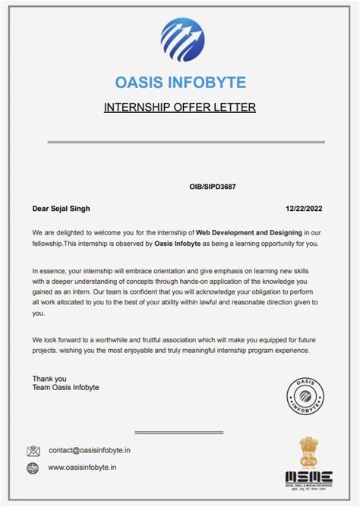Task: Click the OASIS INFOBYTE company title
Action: pyautogui.click(x=180, y=82)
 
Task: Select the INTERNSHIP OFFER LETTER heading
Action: pyautogui.click(x=180, y=107)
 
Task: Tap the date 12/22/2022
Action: pyautogui.click(x=304, y=208)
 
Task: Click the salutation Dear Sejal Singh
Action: pyautogui.click(x=66, y=208)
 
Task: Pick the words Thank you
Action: pyautogui.click(x=49, y=378)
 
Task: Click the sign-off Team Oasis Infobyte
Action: pyautogui.click(x=65, y=387)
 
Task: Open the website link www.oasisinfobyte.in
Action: pyautogui.click(x=82, y=468)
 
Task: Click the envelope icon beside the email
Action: pyautogui.click(x=33, y=451)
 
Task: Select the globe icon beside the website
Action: pyautogui.click(x=33, y=468)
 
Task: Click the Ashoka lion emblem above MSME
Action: pyautogui.click(x=309, y=452)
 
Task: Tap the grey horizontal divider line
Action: pyautogui.click(x=186, y=142)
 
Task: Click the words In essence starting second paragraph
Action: pyautogui.click(x=51, y=271)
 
